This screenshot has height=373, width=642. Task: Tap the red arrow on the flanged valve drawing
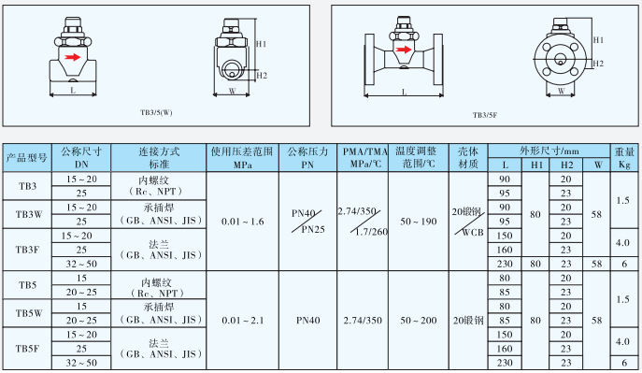tap(404, 50)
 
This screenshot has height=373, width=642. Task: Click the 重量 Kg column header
tap(624, 157)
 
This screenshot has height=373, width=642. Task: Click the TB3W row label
tap(29, 214)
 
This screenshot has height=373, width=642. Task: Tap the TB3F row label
tap(29, 250)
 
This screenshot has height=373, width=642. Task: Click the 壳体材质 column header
tap(468, 157)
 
